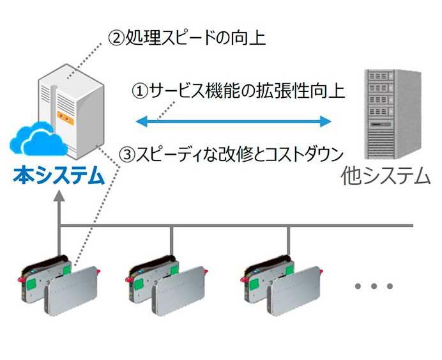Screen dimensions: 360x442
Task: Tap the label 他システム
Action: pos(386,175)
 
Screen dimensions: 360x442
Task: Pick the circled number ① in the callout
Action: pos(139,91)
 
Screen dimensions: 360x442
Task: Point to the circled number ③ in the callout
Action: pos(128,154)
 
